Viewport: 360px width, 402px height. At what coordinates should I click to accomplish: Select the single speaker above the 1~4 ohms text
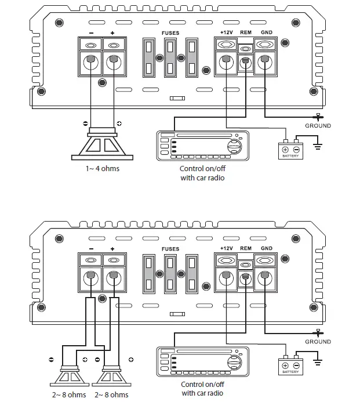[102, 145]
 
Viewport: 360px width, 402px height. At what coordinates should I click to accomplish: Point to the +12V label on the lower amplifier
[226, 248]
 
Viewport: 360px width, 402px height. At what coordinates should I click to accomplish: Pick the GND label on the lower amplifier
[267, 248]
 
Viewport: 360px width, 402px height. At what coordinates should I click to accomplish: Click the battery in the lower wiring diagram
[290, 364]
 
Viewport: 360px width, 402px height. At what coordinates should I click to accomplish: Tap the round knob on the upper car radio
[233, 146]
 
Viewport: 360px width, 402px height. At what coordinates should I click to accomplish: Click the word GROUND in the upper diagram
[318, 126]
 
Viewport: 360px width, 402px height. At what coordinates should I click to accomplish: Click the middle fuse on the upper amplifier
[170, 58]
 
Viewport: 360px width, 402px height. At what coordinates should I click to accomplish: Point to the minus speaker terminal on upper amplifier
[90, 62]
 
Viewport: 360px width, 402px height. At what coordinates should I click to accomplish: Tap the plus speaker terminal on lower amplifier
[113, 277]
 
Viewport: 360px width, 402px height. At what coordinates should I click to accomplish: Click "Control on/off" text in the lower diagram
[202, 385]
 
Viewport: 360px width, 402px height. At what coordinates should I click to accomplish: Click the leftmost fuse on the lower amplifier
[149, 273]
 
